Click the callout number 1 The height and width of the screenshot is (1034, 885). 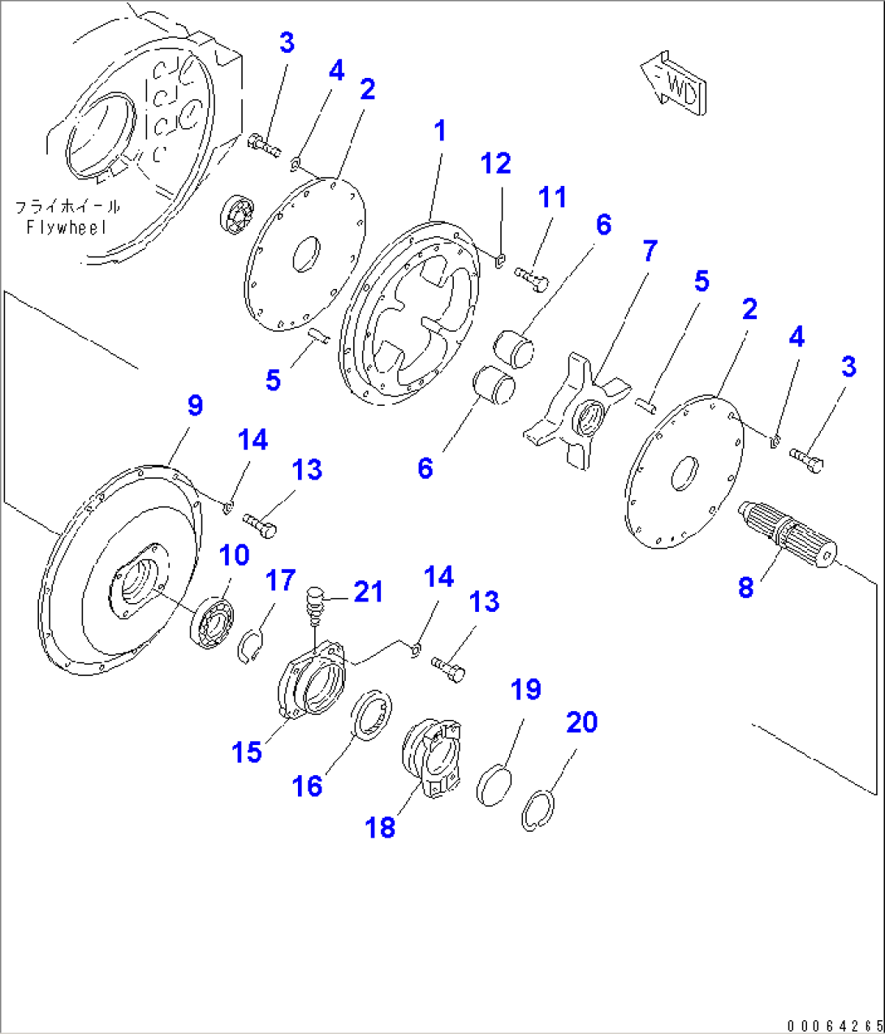coord(440,130)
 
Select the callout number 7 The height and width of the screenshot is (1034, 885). coord(650,251)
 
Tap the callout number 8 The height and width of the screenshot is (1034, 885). coord(745,587)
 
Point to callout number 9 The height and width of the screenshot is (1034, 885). coord(195,405)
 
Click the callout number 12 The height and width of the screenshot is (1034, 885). coord(495,163)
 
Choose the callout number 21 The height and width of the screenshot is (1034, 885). coord(368,592)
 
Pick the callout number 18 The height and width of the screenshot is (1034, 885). coord(380,827)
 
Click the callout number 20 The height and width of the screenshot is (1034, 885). coord(581,722)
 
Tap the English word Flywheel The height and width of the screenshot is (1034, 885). coord(67,228)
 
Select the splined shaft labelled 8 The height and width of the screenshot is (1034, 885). coord(788,536)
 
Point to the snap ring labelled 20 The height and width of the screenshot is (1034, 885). coord(537,812)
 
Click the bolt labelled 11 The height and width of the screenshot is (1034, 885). coord(532,280)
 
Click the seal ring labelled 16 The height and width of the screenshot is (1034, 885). coord(373,714)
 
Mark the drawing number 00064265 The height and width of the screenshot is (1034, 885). coord(833,1026)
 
